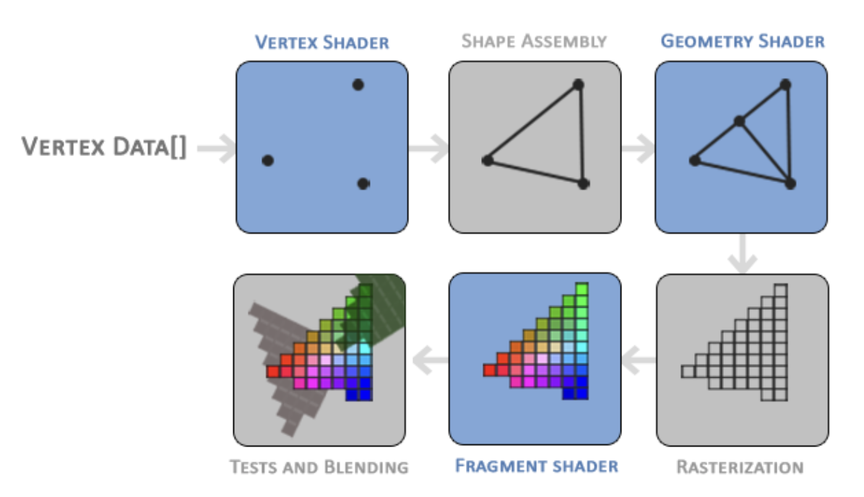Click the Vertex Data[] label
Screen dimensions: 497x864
(104, 147)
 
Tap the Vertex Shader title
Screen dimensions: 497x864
(321, 42)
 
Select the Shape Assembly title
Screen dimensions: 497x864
(534, 40)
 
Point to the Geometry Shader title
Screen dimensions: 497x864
(742, 40)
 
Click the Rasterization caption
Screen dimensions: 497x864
(739, 467)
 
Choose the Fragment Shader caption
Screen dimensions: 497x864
(536, 465)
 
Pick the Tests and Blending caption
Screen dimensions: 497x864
(319, 467)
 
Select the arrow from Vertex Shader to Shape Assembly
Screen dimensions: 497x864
(428, 149)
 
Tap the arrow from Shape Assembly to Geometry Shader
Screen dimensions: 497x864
(638, 149)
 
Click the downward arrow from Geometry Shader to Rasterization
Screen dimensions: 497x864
(742, 254)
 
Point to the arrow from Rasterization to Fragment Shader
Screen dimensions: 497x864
(639, 355)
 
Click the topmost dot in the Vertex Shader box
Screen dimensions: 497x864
(358, 85)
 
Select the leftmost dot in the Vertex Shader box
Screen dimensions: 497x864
(267, 160)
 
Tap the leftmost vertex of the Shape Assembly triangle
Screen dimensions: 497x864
(488, 160)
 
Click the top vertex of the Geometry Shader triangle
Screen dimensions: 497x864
(785, 85)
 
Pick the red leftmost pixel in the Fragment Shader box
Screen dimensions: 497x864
(489, 371)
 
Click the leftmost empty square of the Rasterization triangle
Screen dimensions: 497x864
(687, 371)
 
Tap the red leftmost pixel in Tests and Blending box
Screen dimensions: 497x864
(272, 371)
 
